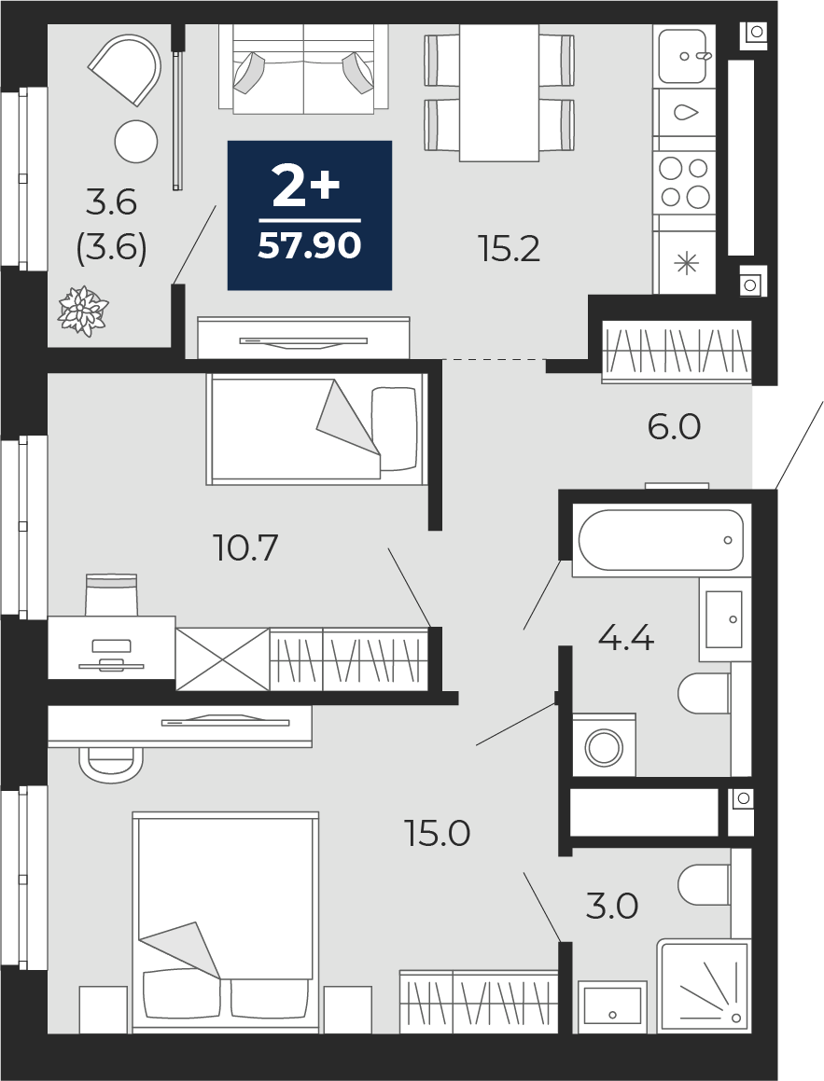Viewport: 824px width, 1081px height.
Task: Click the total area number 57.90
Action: tap(310, 245)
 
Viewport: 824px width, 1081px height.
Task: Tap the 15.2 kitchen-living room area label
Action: tap(510, 249)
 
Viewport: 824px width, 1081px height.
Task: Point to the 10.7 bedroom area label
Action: tap(246, 548)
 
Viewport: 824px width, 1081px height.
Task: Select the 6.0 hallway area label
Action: tap(674, 427)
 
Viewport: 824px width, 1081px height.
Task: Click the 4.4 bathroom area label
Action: tap(626, 638)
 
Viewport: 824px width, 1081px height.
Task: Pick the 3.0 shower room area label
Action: tap(612, 906)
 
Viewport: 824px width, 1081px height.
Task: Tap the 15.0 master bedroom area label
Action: tap(438, 834)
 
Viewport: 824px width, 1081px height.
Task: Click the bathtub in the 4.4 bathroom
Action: tap(661, 540)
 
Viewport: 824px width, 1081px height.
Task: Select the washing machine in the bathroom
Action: tap(605, 744)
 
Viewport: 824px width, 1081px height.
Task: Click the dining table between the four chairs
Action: tap(499, 93)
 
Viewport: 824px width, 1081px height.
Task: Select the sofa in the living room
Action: tap(303, 67)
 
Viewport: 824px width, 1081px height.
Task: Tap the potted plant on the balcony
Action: tap(83, 311)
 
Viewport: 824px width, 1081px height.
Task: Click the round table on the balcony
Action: tap(136, 142)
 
